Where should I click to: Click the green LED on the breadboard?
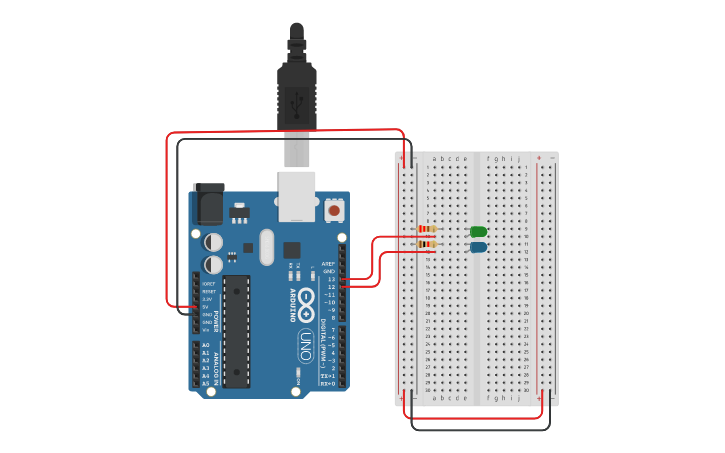[x=478, y=232]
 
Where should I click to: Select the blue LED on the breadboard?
[x=478, y=247]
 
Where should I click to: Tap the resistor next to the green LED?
[x=427, y=230]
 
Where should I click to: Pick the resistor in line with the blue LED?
[x=427, y=244]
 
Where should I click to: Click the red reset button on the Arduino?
[x=333, y=210]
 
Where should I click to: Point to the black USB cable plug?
[x=297, y=95]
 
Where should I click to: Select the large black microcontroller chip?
[x=236, y=331]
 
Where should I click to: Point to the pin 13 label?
[x=330, y=279]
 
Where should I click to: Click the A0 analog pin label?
[x=205, y=345]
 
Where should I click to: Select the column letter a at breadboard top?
[x=433, y=158]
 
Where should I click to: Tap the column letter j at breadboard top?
[x=518, y=158]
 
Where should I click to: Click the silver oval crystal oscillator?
[x=265, y=246]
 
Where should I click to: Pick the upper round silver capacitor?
[x=213, y=242]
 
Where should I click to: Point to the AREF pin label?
[x=328, y=264]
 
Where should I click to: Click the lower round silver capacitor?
[x=213, y=264]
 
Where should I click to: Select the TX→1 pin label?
[x=327, y=376]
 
